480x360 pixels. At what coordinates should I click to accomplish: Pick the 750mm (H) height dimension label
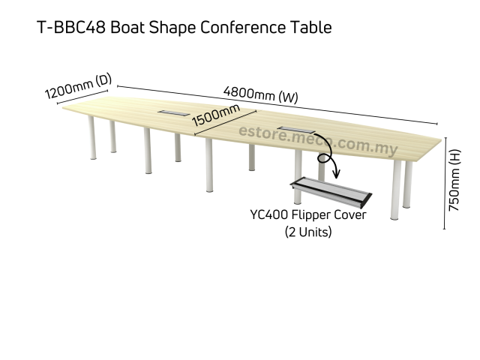click(454, 179)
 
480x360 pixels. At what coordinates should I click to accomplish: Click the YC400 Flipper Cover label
click(308, 215)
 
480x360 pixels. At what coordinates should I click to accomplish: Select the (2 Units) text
click(308, 232)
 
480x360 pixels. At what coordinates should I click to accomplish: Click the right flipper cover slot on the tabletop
click(291, 129)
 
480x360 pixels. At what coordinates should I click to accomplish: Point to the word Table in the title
click(310, 28)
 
